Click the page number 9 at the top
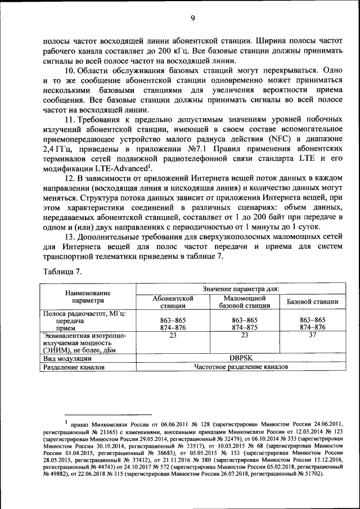tap(192, 18)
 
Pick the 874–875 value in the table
tap(244, 327)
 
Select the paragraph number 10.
tap(71, 71)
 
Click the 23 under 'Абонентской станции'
tap(173, 335)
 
